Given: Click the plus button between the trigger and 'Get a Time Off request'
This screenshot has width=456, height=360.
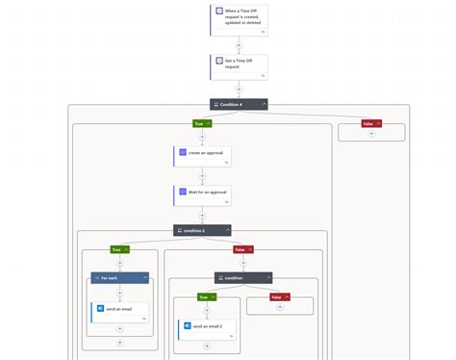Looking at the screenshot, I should pyautogui.click(x=239, y=44).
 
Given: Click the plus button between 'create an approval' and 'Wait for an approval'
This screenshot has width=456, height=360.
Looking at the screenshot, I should pyautogui.click(x=202, y=176).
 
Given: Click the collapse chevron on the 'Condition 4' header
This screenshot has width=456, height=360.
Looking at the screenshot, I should pyautogui.click(x=263, y=104).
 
